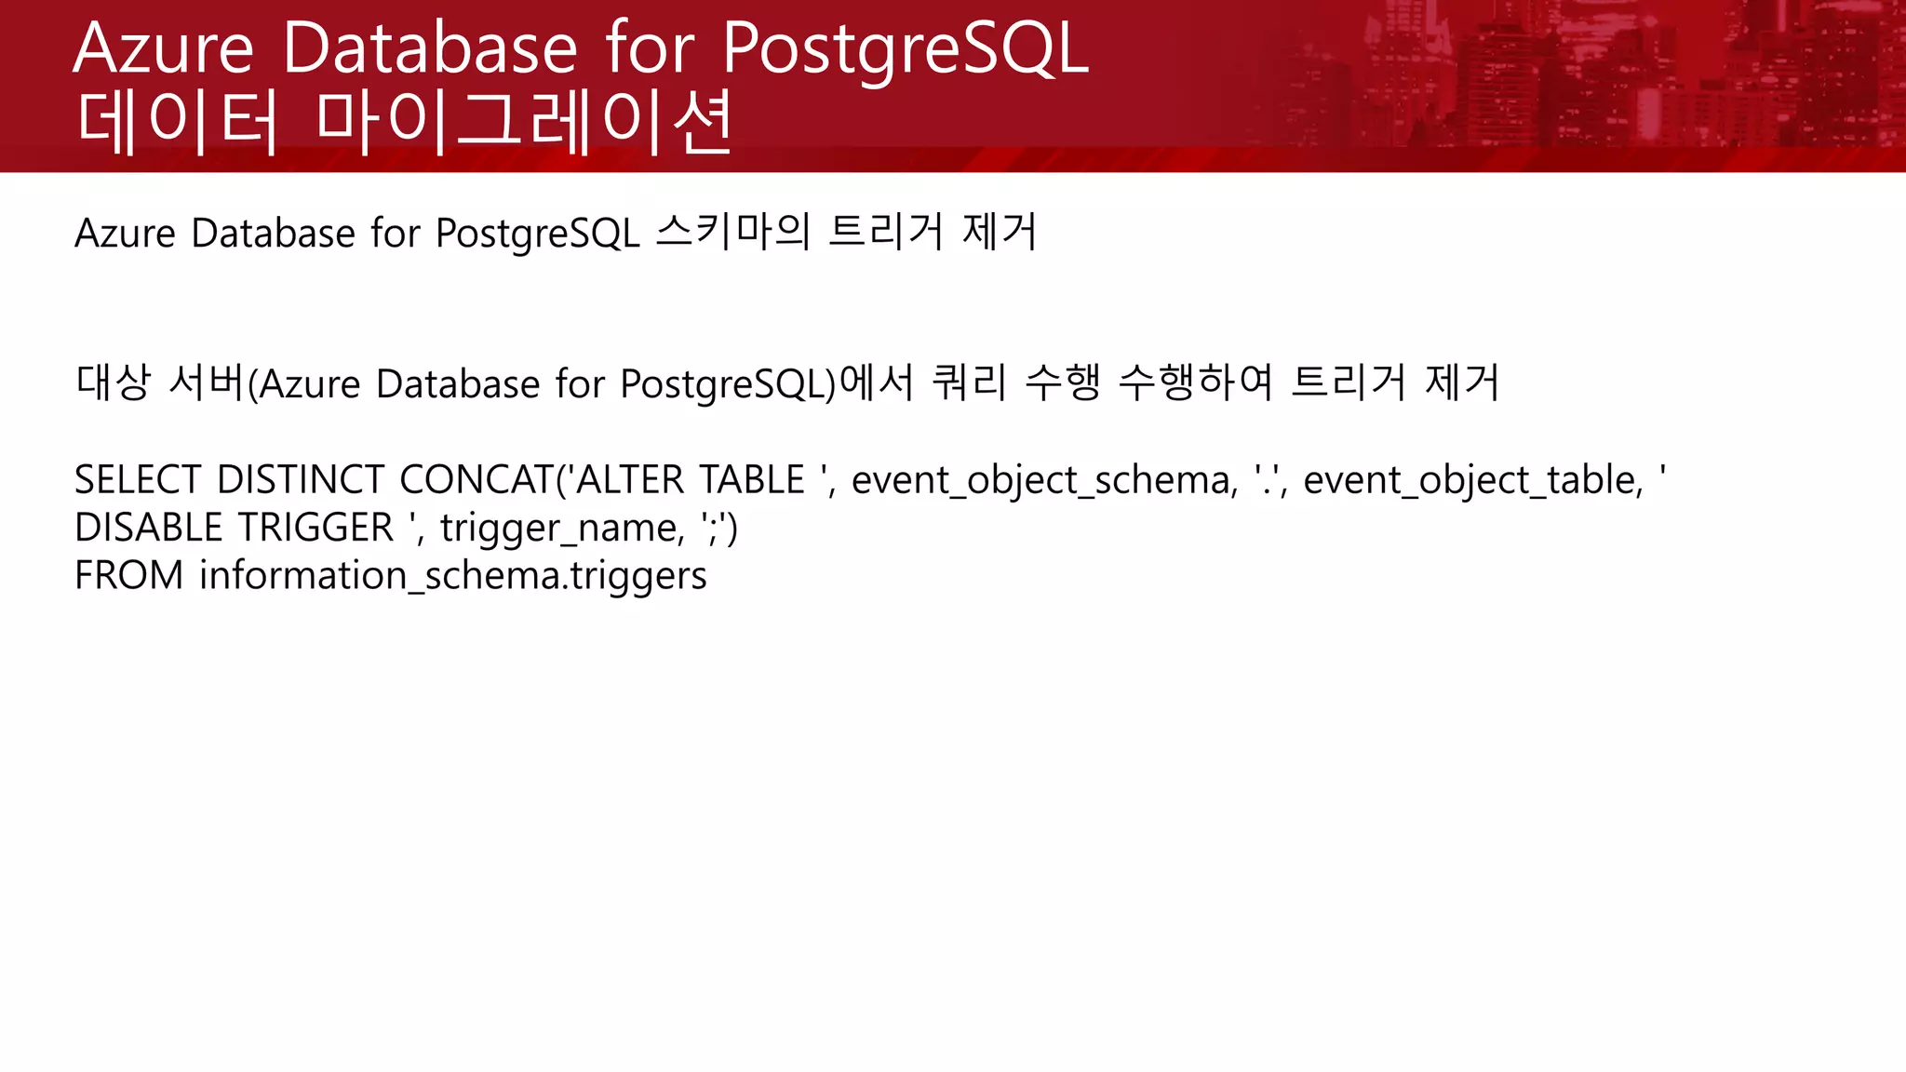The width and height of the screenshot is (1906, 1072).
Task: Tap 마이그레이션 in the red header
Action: [x=524, y=121]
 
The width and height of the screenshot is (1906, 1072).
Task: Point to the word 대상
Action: [x=113, y=382]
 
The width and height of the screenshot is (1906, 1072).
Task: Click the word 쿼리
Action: [x=969, y=382]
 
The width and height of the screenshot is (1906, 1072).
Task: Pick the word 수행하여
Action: [x=1195, y=382]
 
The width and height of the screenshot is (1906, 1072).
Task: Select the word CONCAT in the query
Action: [x=476, y=480]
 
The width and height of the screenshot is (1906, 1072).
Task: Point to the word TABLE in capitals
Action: [x=751, y=480]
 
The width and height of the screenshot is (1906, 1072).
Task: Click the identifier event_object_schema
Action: [x=1043, y=480]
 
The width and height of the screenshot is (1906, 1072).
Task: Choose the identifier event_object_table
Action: [x=1472, y=480]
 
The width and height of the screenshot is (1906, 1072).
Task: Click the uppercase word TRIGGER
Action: [x=315, y=528]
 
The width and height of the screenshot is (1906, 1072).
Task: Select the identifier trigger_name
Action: [x=561, y=529]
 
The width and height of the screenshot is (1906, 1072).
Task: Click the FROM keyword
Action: [x=128, y=575]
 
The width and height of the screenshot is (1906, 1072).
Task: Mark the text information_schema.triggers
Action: [x=452, y=576]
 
